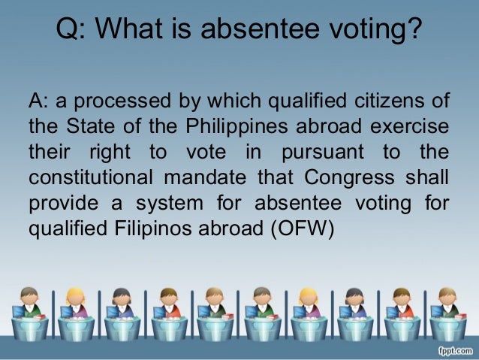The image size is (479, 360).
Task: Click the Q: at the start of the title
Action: click(x=73, y=32)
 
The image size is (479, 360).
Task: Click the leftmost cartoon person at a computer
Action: click(x=29, y=308)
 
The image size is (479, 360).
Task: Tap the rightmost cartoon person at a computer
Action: click(x=449, y=308)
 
